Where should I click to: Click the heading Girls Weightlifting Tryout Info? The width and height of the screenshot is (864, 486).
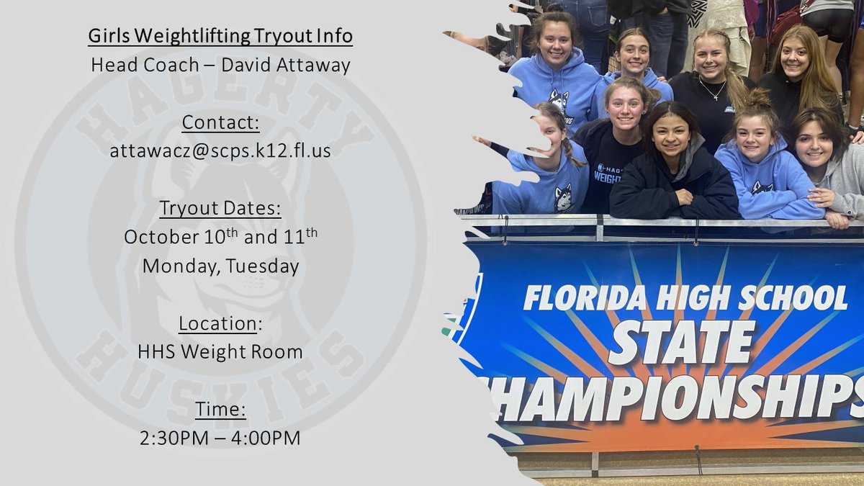pyautogui.click(x=220, y=36)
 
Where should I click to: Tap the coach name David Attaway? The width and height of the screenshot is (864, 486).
pyautogui.click(x=286, y=66)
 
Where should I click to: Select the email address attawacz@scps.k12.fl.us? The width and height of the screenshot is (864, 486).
pyautogui.click(x=220, y=151)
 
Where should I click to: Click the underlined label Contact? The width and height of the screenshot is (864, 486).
pyautogui.click(x=220, y=123)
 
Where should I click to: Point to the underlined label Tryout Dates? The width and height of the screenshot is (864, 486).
pyautogui.click(x=220, y=209)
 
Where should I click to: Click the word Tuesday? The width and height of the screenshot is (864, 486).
pyautogui.click(x=263, y=266)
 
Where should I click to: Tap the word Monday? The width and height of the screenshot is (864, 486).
pyautogui.click(x=176, y=266)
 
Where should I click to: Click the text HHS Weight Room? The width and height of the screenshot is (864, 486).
pyautogui.click(x=220, y=352)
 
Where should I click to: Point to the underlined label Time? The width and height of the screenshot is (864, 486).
pyautogui.click(x=220, y=410)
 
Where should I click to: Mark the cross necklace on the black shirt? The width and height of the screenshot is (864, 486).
pyautogui.click(x=712, y=91)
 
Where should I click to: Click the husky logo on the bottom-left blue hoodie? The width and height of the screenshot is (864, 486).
pyautogui.click(x=563, y=198)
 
